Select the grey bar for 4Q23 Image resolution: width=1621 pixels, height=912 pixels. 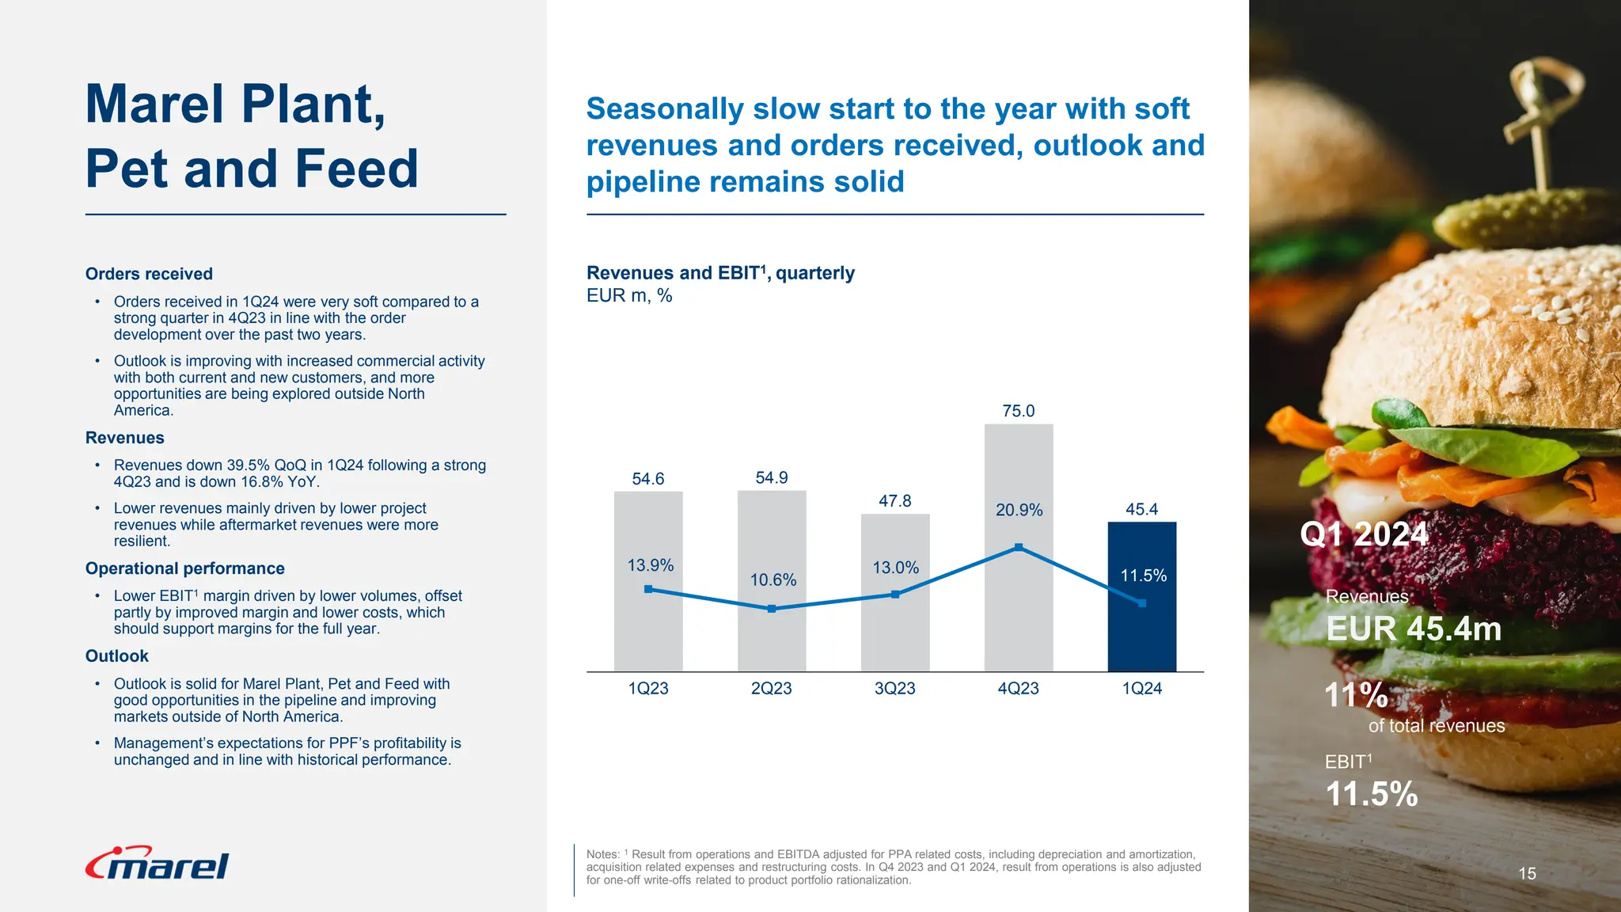coord(1018,617)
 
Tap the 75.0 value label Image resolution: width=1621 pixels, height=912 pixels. coord(1018,411)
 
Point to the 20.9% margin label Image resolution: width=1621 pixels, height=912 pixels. coord(1019,510)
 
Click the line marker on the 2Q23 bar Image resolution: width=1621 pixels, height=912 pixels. coord(772,609)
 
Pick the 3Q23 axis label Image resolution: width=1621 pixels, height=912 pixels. coord(894,689)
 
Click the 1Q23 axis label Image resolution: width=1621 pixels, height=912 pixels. coord(647,689)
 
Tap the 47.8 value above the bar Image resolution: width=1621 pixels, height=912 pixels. coord(894,501)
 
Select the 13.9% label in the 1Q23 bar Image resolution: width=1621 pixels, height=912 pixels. coord(650,565)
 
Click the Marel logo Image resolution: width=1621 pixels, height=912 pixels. coord(157,864)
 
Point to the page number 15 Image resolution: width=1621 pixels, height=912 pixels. coord(1527,873)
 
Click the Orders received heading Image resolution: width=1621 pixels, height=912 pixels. coord(149,274)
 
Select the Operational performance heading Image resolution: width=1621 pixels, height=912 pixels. coord(184,568)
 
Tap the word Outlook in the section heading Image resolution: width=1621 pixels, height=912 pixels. coord(116,656)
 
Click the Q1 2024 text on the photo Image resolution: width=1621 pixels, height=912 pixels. coord(1364,534)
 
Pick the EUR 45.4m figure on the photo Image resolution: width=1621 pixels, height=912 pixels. coord(1413,629)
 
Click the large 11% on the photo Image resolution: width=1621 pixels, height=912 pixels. coord(1356,695)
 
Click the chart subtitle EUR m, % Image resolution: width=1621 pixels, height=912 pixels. coord(629,296)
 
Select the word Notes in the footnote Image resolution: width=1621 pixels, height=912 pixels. coord(602,855)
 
